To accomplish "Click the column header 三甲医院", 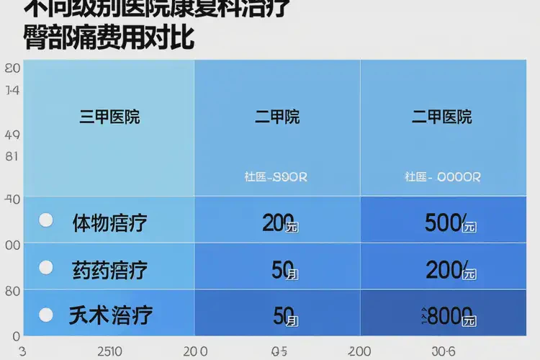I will pos(109,117).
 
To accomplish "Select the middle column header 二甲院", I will pos(276,117).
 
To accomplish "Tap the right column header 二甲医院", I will pos(441,117).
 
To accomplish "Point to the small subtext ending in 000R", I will pos(442,176).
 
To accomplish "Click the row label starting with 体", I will pos(109,222).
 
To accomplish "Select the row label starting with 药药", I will pos(109,270).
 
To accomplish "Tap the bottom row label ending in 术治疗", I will pos(109,315).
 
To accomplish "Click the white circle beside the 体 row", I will pos(45,220).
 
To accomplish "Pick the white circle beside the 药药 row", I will pos(45,268).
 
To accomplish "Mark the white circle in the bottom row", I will pos(45,314).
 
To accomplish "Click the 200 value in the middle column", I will pos(280,223).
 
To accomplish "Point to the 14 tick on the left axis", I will pos(12,91).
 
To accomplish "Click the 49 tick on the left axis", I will pos(12,135).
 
